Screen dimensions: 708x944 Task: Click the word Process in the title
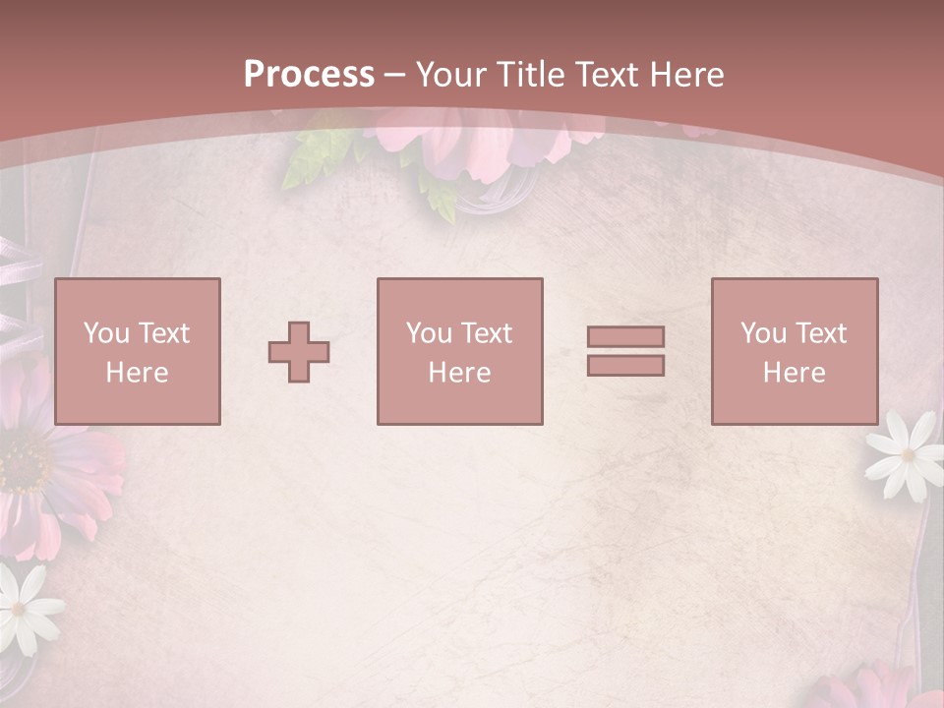[309, 75]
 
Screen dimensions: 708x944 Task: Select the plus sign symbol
[299, 352]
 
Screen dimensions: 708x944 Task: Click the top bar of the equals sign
[625, 336]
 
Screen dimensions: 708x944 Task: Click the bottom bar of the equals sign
[625, 366]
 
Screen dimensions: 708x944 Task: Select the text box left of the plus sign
[138, 351]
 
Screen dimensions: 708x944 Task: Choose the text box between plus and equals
[459, 351]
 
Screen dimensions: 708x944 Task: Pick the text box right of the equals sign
[794, 351]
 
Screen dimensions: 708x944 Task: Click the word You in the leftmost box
[105, 333]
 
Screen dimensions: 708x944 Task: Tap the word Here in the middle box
[459, 373]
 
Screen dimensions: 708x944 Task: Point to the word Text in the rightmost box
[819, 333]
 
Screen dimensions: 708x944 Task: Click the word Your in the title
[453, 75]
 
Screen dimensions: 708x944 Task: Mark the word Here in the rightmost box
[794, 373]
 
